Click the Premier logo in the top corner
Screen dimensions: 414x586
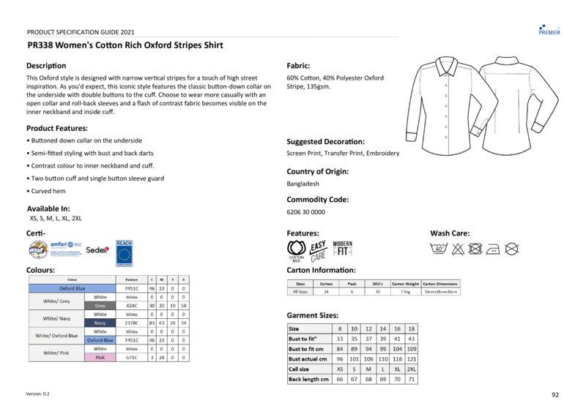[549, 29]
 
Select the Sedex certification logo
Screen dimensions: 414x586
[97, 249]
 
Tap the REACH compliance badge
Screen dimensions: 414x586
[124, 250]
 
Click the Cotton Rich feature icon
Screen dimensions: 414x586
[296, 250]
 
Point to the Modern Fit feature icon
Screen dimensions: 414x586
[343, 249]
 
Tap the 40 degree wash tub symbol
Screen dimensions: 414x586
[439, 249]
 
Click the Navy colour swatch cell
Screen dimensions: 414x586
[100, 323]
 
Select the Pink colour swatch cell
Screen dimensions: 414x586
[100, 358]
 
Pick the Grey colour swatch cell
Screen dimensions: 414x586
[100, 306]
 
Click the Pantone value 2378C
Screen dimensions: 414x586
[132, 323]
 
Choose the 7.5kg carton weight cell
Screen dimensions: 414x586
[405, 291]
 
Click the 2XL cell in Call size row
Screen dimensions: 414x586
[411, 369]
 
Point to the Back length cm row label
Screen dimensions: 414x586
[308, 380]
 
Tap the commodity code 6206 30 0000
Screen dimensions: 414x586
[305, 212]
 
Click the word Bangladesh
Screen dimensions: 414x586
[303, 184]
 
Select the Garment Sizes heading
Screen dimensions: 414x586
[312, 315]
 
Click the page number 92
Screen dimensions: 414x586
[555, 395]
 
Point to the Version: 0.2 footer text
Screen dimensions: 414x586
[38, 394]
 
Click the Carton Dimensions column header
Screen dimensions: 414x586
[440, 283]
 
